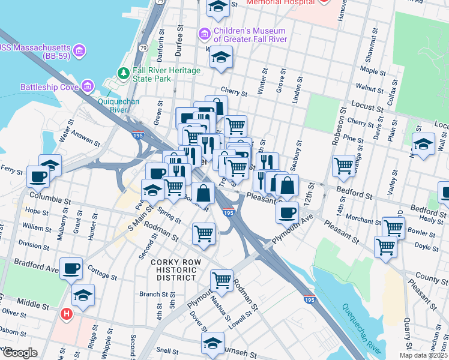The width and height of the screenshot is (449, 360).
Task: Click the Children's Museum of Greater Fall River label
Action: coord(250,35)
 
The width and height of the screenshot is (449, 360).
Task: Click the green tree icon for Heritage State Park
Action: coord(124,73)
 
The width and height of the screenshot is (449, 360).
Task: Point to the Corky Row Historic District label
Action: coord(173,270)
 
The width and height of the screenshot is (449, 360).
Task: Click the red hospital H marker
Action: coord(68,314)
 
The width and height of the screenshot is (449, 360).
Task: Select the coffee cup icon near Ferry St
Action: coord(38,176)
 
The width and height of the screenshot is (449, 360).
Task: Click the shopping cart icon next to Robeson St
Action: coord(344,165)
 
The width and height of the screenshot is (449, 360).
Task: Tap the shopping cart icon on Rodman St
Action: coord(221,280)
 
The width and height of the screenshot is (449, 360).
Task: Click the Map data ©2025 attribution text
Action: coord(423,355)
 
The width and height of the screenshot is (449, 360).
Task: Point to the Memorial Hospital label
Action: coord(280,2)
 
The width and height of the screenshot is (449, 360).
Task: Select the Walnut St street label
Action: coord(369,88)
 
